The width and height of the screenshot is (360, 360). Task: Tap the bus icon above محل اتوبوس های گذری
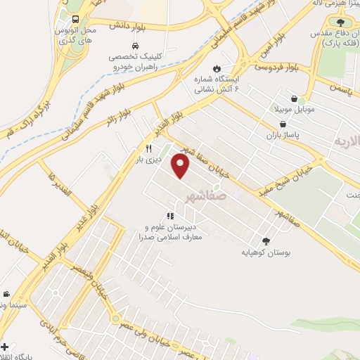coord(75,19)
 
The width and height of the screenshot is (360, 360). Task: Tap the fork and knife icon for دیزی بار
coord(148,148)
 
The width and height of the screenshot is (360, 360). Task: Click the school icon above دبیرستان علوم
coord(169,216)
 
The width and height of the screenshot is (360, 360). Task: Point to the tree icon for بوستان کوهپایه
coord(264,239)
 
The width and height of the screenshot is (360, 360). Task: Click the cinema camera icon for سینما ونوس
coord(6,294)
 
